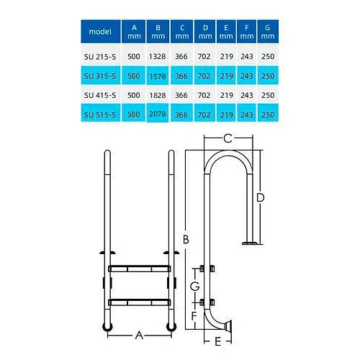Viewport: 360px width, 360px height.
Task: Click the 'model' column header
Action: click(100, 32)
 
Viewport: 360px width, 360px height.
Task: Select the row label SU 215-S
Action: click(100, 57)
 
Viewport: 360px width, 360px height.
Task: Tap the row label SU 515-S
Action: click(100, 114)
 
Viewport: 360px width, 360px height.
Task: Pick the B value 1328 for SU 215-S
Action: click(157, 57)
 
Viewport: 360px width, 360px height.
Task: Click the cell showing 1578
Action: click(158, 76)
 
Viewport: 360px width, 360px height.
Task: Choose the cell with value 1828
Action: click(158, 95)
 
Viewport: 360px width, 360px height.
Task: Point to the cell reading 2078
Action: click(158, 114)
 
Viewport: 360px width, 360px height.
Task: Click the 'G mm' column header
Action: click(268, 32)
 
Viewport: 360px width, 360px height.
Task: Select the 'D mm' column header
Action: click(205, 32)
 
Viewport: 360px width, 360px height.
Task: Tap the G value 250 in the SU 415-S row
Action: click(268, 95)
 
